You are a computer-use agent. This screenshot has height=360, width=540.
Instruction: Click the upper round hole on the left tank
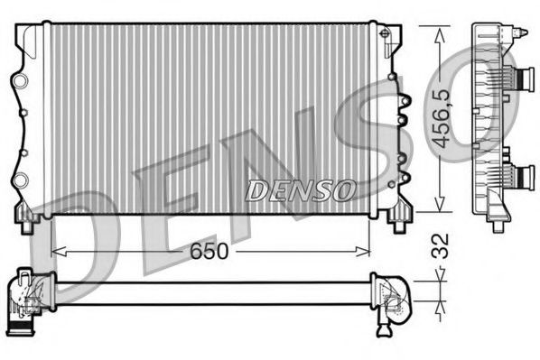pyautogui.click(x=18, y=83)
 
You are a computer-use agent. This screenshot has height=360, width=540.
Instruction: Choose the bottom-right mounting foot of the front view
pyautogui.click(x=397, y=217)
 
